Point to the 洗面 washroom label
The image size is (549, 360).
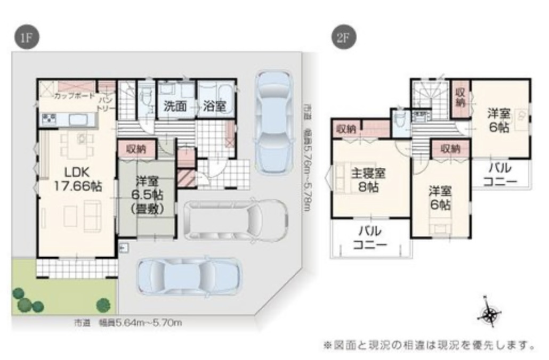[175, 106]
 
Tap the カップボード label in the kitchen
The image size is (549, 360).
[74, 96]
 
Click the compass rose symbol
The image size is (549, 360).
[488, 313]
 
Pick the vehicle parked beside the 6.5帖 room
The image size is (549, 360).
[235, 220]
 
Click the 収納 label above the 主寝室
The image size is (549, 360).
[346, 128]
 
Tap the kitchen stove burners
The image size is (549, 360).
[49, 119]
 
